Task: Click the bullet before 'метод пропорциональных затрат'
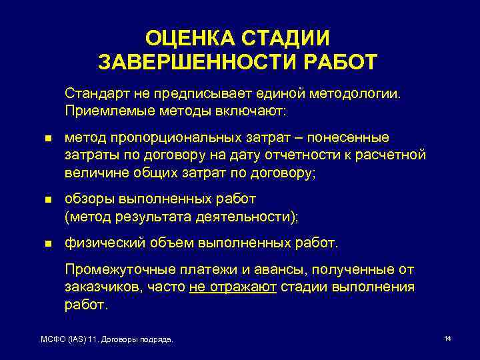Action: (x=47, y=138)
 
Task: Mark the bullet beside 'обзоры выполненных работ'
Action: (x=47, y=199)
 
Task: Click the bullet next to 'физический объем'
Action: (x=47, y=243)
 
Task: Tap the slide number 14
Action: (x=447, y=339)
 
